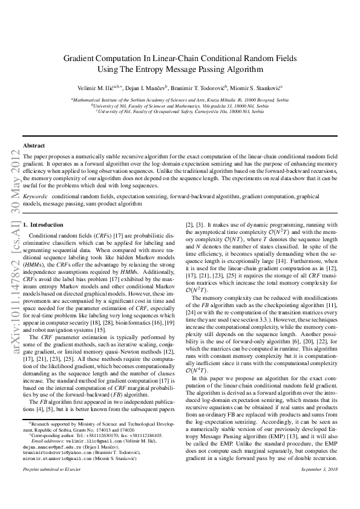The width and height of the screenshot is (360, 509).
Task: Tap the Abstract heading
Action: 33,146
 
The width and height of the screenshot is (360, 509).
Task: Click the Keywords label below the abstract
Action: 34,197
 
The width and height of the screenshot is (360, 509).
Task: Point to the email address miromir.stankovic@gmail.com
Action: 56,458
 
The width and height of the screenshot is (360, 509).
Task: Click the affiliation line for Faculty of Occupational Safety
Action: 180,112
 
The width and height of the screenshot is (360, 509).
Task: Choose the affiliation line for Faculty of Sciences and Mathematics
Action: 180,106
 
